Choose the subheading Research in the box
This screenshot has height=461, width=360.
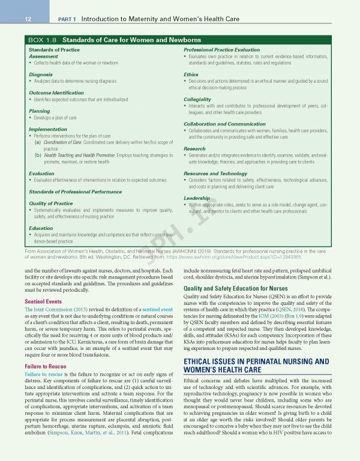click(195, 148)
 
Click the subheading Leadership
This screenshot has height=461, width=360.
click(197, 197)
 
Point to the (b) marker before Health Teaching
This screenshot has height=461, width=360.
click(38, 155)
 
